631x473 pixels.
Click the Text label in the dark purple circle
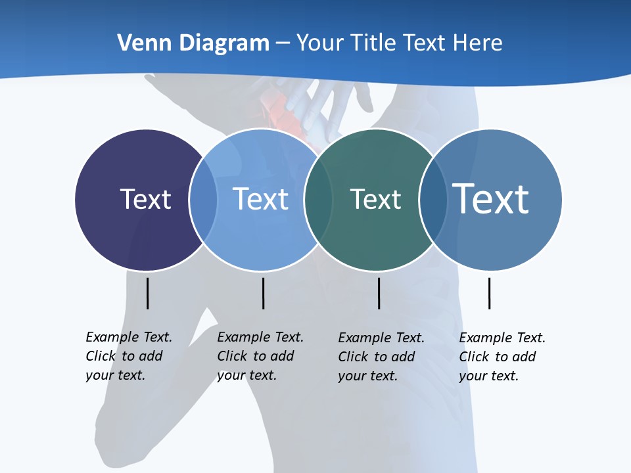(145, 199)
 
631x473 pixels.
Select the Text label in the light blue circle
(260, 199)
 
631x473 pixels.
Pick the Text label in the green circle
(375, 199)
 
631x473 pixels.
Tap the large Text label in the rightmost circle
(490, 199)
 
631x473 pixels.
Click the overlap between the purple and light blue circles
(203, 200)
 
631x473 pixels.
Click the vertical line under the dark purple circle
(148, 293)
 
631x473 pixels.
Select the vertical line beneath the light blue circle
(263, 293)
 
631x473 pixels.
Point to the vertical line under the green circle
(379, 293)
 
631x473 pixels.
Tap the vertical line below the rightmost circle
(489, 293)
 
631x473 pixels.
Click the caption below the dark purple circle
(129, 356)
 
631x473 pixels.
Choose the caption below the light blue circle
(260, 356)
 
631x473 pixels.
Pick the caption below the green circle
(381, 357)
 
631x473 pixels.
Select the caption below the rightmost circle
(502, 357)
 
